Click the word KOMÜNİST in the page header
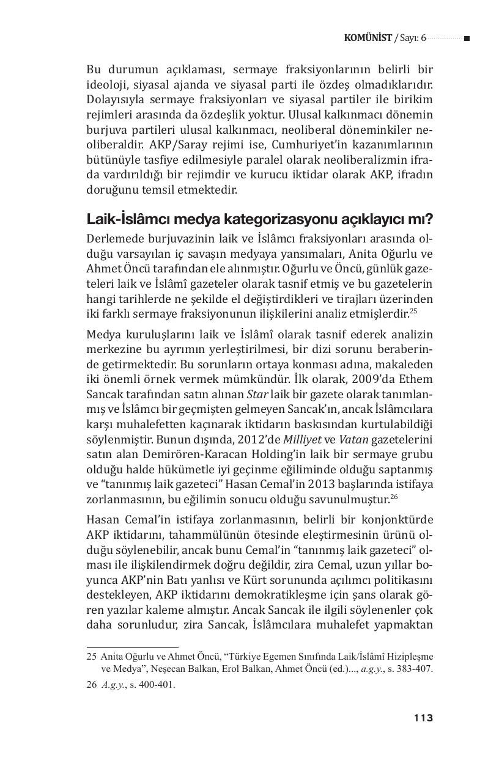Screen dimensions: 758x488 [368, 38]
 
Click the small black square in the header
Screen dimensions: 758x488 [467, 38]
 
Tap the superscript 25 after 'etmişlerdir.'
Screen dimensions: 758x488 [413, 312]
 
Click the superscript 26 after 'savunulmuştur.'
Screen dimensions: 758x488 [394, 497]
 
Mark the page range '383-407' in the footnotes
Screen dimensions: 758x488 [416, 669]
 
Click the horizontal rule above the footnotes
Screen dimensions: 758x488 [132, 647]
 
